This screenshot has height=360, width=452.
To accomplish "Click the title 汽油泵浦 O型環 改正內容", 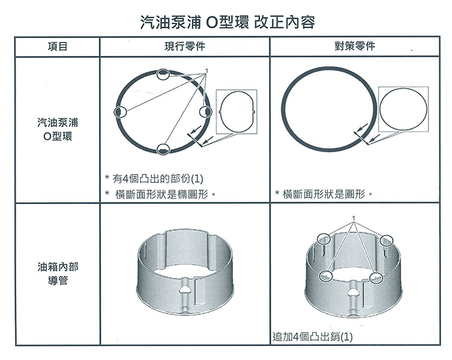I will [226, 22].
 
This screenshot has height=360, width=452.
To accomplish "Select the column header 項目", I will [57, 47].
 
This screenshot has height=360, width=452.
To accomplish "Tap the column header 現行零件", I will [184, 47].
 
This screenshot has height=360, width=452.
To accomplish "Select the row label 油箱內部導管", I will [57, 274].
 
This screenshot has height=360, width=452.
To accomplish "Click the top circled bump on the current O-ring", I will [162, 74].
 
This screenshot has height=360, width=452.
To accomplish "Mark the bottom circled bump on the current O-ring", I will [163, 149].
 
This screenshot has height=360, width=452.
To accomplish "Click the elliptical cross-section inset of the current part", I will [237, 112].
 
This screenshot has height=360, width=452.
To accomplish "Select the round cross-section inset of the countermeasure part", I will [403, 108].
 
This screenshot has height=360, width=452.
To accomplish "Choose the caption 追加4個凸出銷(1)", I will [313, 336].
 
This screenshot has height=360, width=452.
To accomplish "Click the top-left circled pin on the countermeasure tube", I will [325, 239].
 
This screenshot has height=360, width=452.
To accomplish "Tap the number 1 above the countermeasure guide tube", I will [354, 218].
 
